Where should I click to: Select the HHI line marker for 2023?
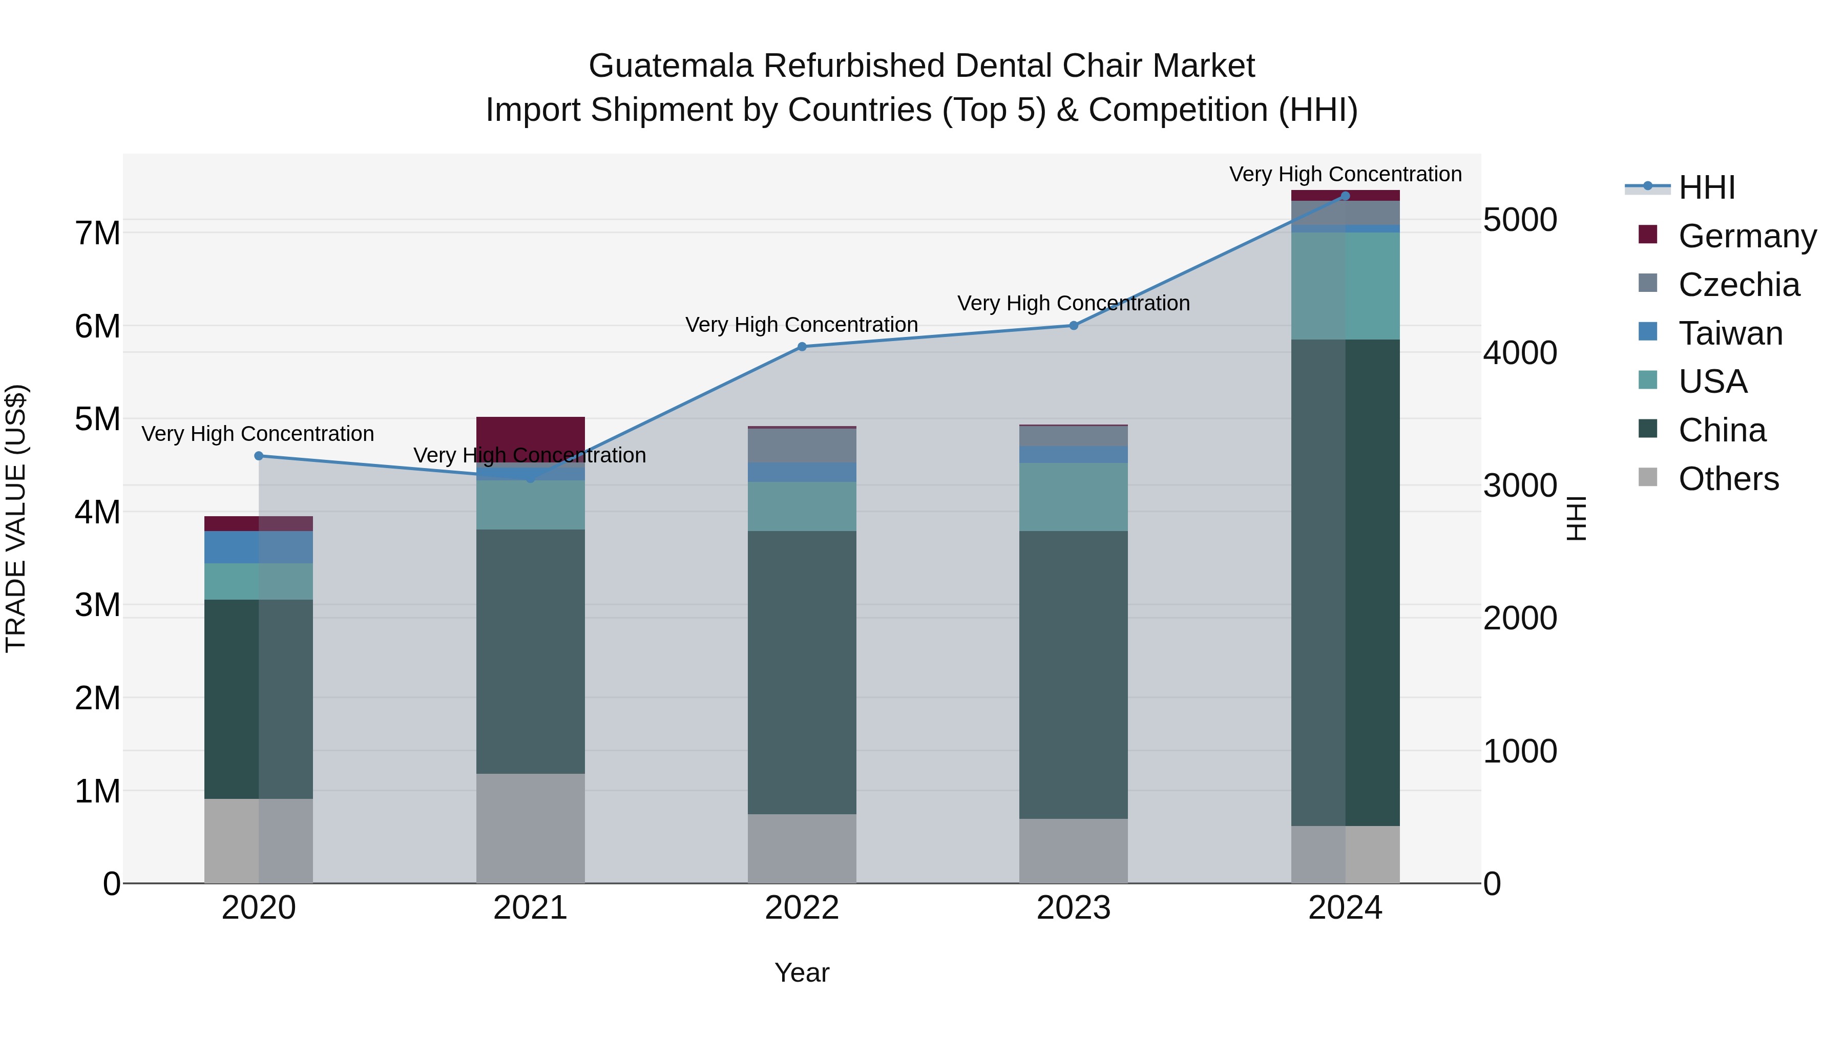click(1073, 326)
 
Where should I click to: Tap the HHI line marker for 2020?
click(259, 456)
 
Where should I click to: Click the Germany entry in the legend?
click(1747, 236)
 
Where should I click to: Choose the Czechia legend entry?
click(1738, 285)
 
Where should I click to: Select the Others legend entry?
click(1728, 479)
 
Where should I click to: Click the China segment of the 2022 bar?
click(802, 673)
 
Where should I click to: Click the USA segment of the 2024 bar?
click(1345, 286)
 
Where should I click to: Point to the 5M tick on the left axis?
click(98, 419)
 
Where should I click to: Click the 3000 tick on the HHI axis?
click(1519, 486)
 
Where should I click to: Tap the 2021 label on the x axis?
click(531, 908)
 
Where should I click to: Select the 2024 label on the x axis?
click(1345, 908)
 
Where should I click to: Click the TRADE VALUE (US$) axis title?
click(16, 518)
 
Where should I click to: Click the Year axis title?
click(802, 972)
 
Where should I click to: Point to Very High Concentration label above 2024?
click(1345, 174)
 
